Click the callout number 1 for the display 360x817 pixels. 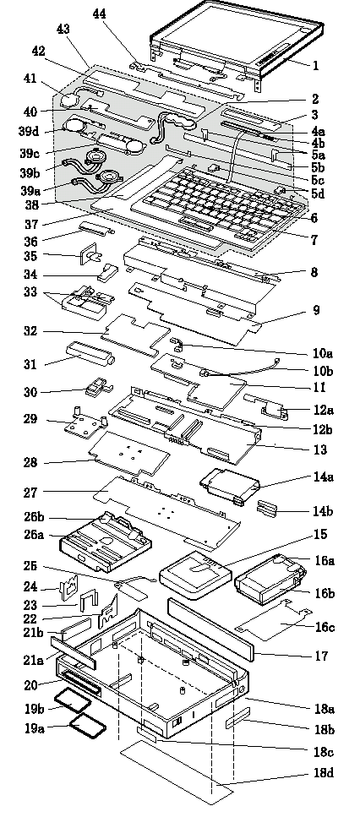(x=315, y=65)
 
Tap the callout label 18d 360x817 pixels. (x=323, y=773)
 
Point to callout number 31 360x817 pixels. (x=29, y=364)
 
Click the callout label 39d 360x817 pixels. (x=30, y=130)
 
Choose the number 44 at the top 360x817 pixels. (x=99, y=14)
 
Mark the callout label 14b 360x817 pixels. (x=323, y=511)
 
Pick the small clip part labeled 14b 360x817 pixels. (x=267, y=509)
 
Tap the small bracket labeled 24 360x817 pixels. (x=69, y=588)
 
